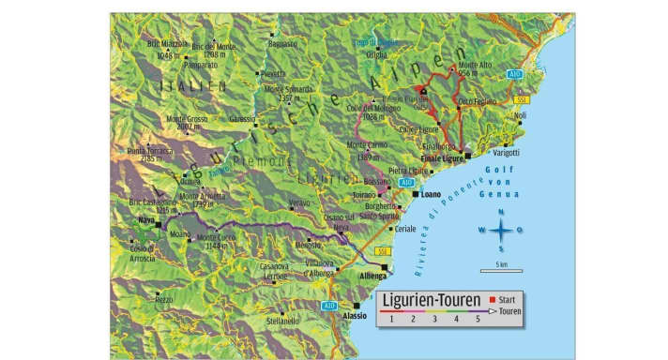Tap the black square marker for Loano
[415, 194]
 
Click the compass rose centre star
[501, 230]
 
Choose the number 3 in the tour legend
[434, 320]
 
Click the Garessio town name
[242, 119]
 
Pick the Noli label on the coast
[521, 115]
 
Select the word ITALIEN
[193, 86]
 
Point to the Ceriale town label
[405, 229]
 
